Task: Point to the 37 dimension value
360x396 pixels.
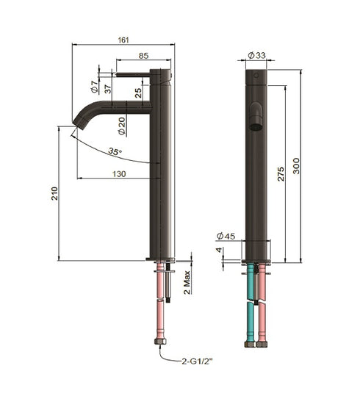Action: (x=108, y=88)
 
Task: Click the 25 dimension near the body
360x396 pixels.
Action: (x=138, y=92)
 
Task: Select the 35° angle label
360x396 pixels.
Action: (x=114, y=151)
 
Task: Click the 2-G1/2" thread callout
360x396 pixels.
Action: (x=198, y=360)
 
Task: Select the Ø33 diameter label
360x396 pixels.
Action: (x=256, y=55)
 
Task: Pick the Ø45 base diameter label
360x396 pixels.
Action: (x=226, y=236)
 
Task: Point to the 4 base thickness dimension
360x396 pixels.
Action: (x=219, y=250)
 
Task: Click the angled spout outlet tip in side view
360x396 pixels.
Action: (x=76, y=123)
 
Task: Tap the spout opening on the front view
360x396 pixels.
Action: (x=256, y=125)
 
